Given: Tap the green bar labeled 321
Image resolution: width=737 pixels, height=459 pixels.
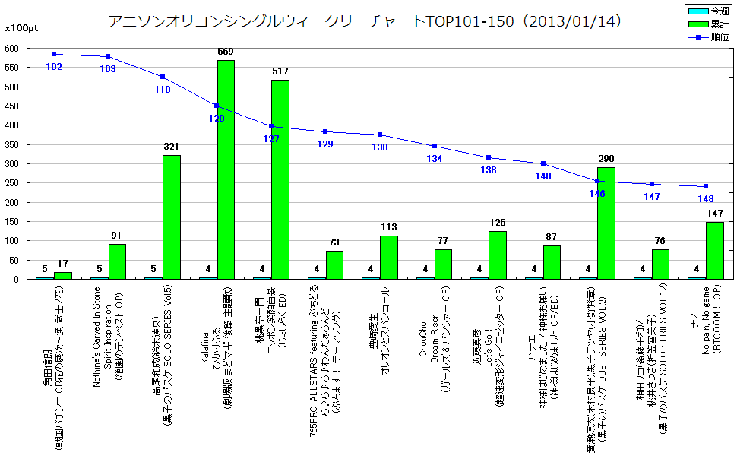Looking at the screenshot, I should [172, 217].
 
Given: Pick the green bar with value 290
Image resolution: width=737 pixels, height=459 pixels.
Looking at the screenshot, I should [606, 223].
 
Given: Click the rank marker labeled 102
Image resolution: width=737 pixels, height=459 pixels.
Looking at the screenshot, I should [54, 54].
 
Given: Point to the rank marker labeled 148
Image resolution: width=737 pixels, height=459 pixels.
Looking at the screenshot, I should [706, 186].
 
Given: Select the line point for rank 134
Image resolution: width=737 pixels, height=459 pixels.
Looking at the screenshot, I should [435, 146].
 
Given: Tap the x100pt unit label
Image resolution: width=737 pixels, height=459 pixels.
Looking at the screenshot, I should [18, 28].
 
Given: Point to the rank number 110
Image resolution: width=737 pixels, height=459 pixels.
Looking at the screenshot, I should [163, 89].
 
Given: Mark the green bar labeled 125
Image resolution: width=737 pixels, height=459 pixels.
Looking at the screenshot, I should [498, 255].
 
